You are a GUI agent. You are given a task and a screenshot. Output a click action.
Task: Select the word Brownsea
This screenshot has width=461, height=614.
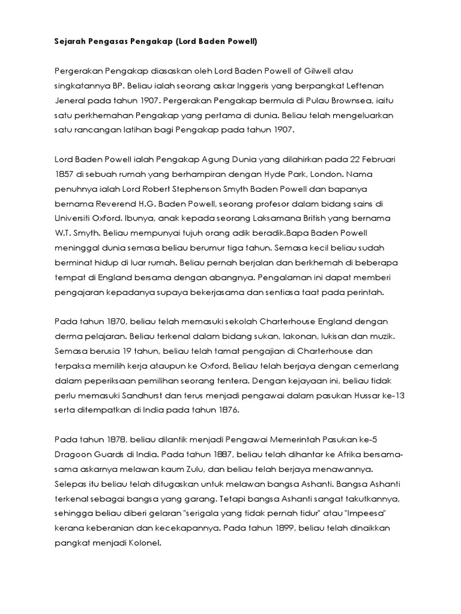pos(348,100)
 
